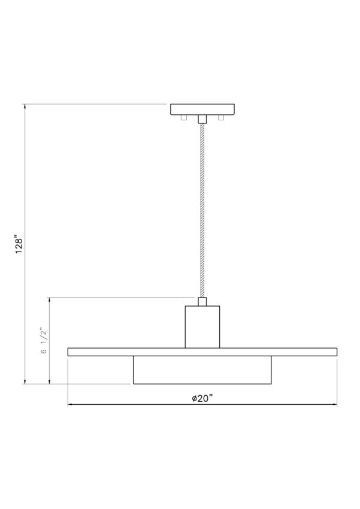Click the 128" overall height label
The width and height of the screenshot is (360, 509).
tap(20, 244)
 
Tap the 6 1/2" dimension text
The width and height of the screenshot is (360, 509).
tap(44, 341)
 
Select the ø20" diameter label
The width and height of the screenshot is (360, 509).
tap(202, 399)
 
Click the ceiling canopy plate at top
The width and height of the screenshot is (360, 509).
tap(202, 109)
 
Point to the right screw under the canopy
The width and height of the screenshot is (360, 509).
tap(221, 117)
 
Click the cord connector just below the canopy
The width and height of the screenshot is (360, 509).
tap(202, 119)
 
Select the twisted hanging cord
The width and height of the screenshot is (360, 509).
tap(202, 210)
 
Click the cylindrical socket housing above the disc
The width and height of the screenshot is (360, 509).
tap(202, 326)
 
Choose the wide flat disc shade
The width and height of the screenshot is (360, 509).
tap(202, 352)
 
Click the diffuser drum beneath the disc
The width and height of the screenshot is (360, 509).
tap(202, 370)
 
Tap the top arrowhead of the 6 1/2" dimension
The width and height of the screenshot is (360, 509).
tap(50, 301)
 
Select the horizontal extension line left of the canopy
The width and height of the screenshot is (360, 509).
tap(96, 104)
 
